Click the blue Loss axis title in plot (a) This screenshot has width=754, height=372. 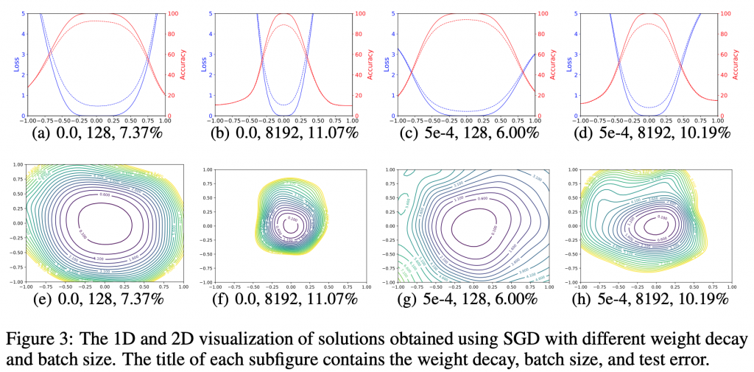14,64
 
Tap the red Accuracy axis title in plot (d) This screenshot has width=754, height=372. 736,64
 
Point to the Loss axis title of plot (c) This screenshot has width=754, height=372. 386,64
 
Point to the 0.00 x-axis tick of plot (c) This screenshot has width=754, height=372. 464,121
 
